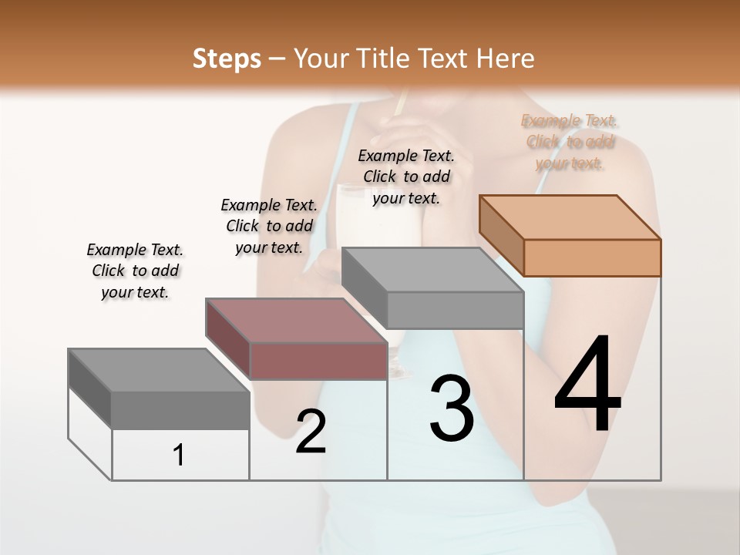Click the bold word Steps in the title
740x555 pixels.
227,59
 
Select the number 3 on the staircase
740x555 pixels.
452,409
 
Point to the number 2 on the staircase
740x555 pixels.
311,432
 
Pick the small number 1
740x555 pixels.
178,455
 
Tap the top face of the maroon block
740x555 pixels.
296,320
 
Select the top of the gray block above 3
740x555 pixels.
432,270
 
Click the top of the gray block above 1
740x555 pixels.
159,370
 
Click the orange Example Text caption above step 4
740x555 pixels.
570,142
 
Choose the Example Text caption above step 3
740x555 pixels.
406,177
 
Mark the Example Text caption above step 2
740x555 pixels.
269,226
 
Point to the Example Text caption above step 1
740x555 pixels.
135,271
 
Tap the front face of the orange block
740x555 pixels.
592,257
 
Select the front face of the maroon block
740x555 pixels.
318,361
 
